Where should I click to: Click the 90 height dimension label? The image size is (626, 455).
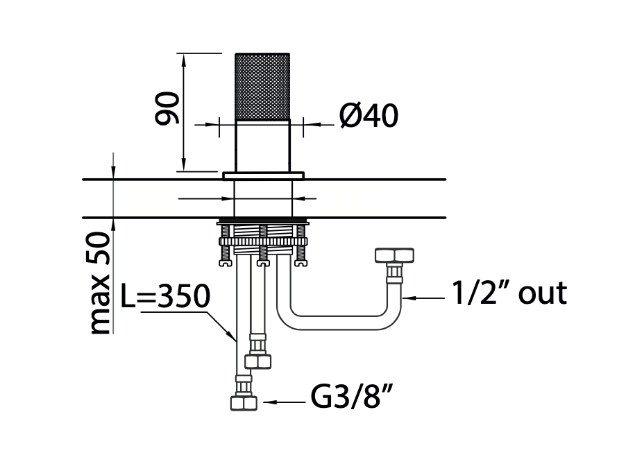[x=167, y=108]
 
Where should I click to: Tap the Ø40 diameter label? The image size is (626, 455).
[x=369, y=117]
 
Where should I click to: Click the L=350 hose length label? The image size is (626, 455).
[x=165, y=297]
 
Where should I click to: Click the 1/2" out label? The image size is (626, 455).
[x=509, y=293]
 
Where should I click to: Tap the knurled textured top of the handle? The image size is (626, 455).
[x=262, y=86]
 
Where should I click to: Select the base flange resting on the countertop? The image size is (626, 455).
[x=263, y=175]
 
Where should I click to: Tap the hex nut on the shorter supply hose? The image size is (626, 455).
[x=258, y=361]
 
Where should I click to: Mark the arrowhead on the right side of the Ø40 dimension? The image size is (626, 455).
[x=308, y=125]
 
